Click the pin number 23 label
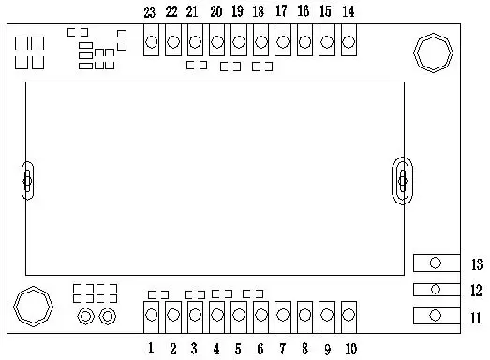[x=150, y=12]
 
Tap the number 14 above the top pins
[x=349, y=12]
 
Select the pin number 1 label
[x=150, y=350]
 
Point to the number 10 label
[x=349, y=350]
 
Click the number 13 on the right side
[x=476, y=263]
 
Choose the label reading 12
[x=476, y=291]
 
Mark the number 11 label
[x=476, y=317]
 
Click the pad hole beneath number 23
[x=151, y=42]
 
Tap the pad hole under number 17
[x=282, y=42]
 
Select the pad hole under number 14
[x=349, y=42]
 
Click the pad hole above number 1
[x=151, y=317]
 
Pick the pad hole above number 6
[x=260, y=317]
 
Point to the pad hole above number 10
[x=349, y=317]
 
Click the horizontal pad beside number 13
[x=436, y=263]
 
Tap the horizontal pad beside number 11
[x=436, y=316]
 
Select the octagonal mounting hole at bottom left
[x=31, y=306]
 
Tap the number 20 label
[x=216, y=12]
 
